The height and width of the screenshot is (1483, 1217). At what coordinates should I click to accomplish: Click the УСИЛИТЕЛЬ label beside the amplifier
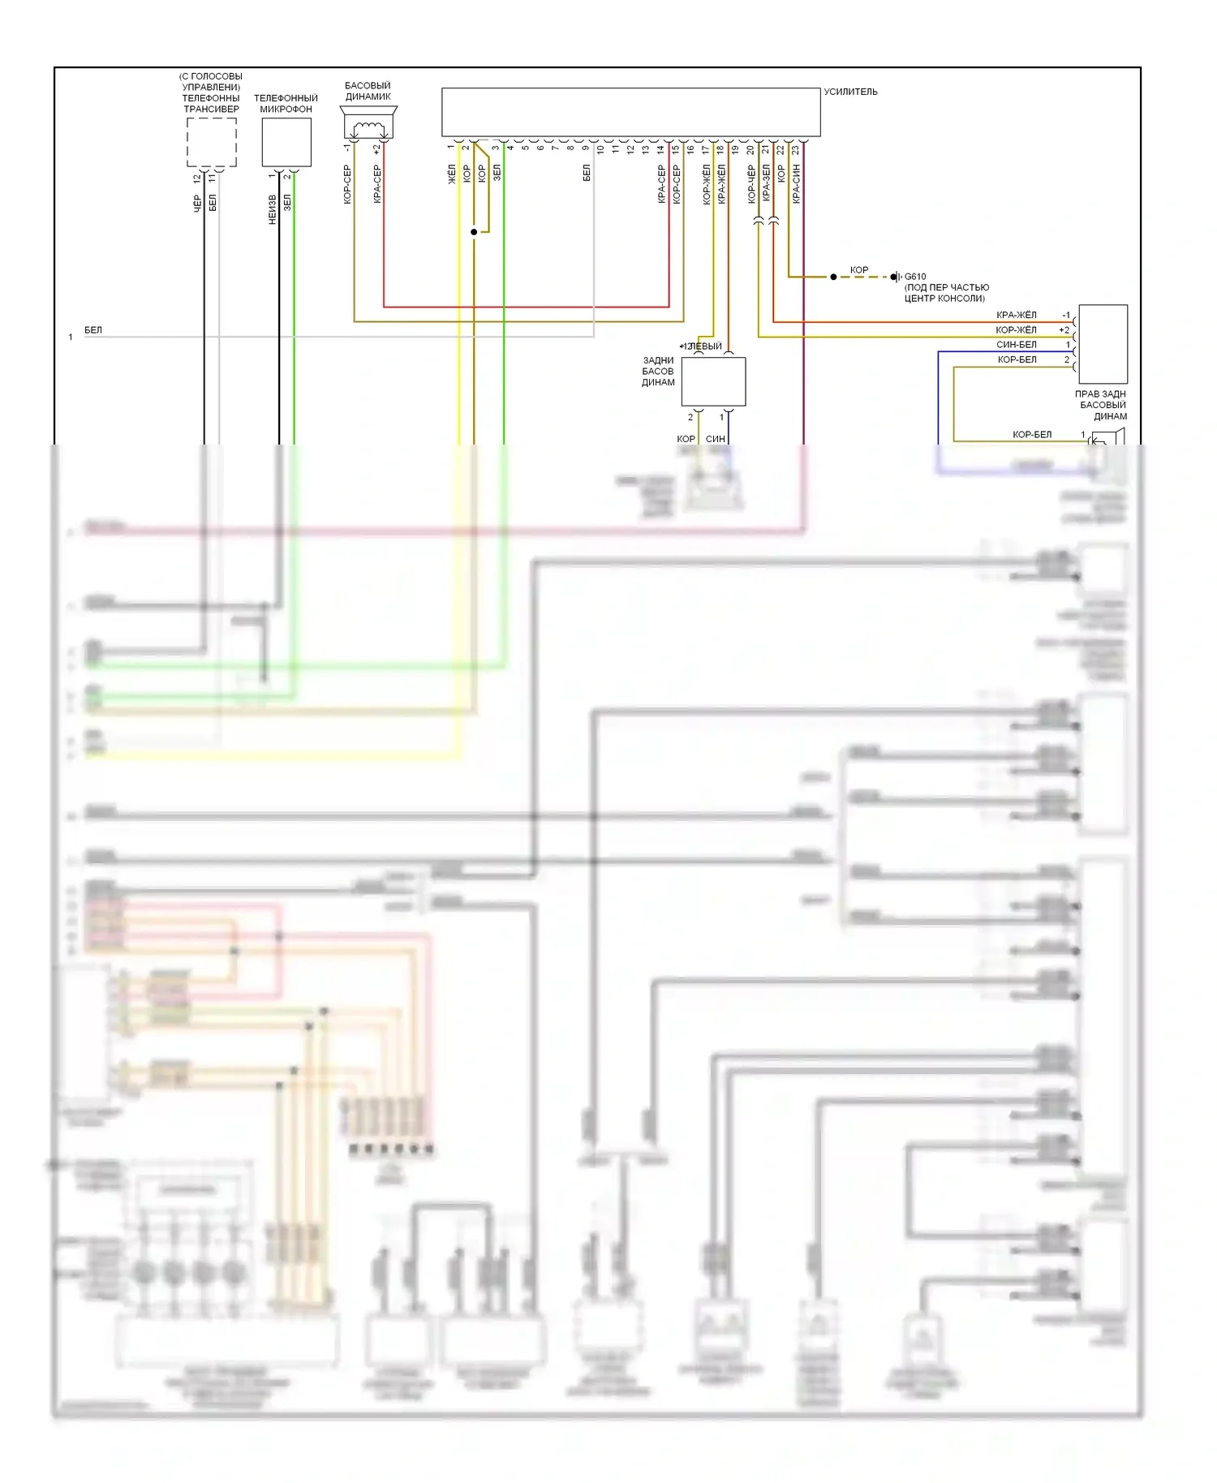click(x=850, y=92)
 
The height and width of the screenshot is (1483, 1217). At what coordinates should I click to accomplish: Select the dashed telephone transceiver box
click(x=212, y=142)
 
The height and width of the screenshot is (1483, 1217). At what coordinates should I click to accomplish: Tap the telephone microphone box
click(x=286, y=142)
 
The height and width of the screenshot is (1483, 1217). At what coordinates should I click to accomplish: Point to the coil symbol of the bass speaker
click(x=368, y=127)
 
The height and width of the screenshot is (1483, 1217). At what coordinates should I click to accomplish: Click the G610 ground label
click(x=915, y=277)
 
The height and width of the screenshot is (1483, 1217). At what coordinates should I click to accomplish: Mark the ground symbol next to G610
click(x=897, y=277)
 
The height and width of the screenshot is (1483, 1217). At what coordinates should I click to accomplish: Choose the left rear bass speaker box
click(x=713, y=381)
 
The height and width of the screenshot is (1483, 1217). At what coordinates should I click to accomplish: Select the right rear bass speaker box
click(x=1103, y=344)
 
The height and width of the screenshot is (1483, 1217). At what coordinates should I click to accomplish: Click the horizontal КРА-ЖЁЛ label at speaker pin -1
click(x=1016, y=315)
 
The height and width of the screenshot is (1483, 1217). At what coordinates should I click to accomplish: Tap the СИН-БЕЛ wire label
click(x=1016, y=345)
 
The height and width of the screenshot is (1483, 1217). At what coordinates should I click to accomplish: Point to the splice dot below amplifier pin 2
click(x=474, y=232)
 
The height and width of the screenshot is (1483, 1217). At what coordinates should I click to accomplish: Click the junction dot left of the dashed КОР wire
click(x=833, y=277)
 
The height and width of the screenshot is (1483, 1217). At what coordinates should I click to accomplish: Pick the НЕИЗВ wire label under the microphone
click(x=273, y=209)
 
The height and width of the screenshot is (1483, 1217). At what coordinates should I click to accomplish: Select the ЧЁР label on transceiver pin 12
click(x=197, y=204)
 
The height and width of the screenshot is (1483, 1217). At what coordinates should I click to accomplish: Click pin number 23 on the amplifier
click(x=796, y=149)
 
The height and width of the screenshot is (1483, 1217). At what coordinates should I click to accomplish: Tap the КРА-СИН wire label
click(x=796, y=183)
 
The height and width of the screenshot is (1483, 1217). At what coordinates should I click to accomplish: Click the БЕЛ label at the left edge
click(x=93, y=330)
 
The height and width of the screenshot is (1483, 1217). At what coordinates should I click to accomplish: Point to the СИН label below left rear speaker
click(x=716, y=439)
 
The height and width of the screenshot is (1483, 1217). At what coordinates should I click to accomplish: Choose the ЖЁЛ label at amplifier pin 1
click(x=452, y=174)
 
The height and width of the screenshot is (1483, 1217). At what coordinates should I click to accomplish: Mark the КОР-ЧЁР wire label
click(x=751, y=184)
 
